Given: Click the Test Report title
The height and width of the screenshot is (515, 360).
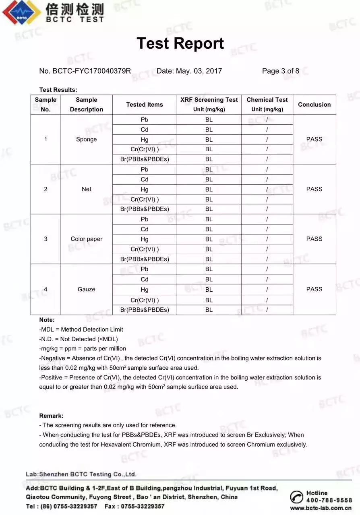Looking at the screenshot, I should [180, 43].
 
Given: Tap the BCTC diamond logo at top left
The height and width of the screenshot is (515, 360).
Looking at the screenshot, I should [21, 12].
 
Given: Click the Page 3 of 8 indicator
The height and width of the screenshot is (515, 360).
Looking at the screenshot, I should [280, 71].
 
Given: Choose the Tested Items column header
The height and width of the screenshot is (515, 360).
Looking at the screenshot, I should [144, 105].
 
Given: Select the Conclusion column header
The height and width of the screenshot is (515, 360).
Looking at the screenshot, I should [314, 105].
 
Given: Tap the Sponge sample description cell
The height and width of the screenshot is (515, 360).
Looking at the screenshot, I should [86, 139].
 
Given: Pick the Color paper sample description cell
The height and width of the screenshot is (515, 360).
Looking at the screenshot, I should [86, 239].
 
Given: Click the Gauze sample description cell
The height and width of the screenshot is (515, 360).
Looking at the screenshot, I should [86, 289].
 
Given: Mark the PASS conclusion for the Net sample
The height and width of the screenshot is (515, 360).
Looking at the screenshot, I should [314, 189].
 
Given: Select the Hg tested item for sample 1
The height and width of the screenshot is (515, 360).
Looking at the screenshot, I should [144, 140].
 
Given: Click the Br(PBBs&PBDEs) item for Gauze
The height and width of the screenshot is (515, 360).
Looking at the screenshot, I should [144, 310].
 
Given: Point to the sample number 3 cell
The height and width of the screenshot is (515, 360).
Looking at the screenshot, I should [46, 239].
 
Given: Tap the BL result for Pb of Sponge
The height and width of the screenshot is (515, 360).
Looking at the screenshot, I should [209, 119].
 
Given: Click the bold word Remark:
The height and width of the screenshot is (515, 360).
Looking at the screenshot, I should [51, 416].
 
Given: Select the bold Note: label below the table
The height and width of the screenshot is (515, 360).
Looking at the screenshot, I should [47, 320].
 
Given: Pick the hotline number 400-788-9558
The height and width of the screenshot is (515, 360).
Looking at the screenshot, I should [329, 500].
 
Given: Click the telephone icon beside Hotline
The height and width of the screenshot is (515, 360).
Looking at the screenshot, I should [297, 497].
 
